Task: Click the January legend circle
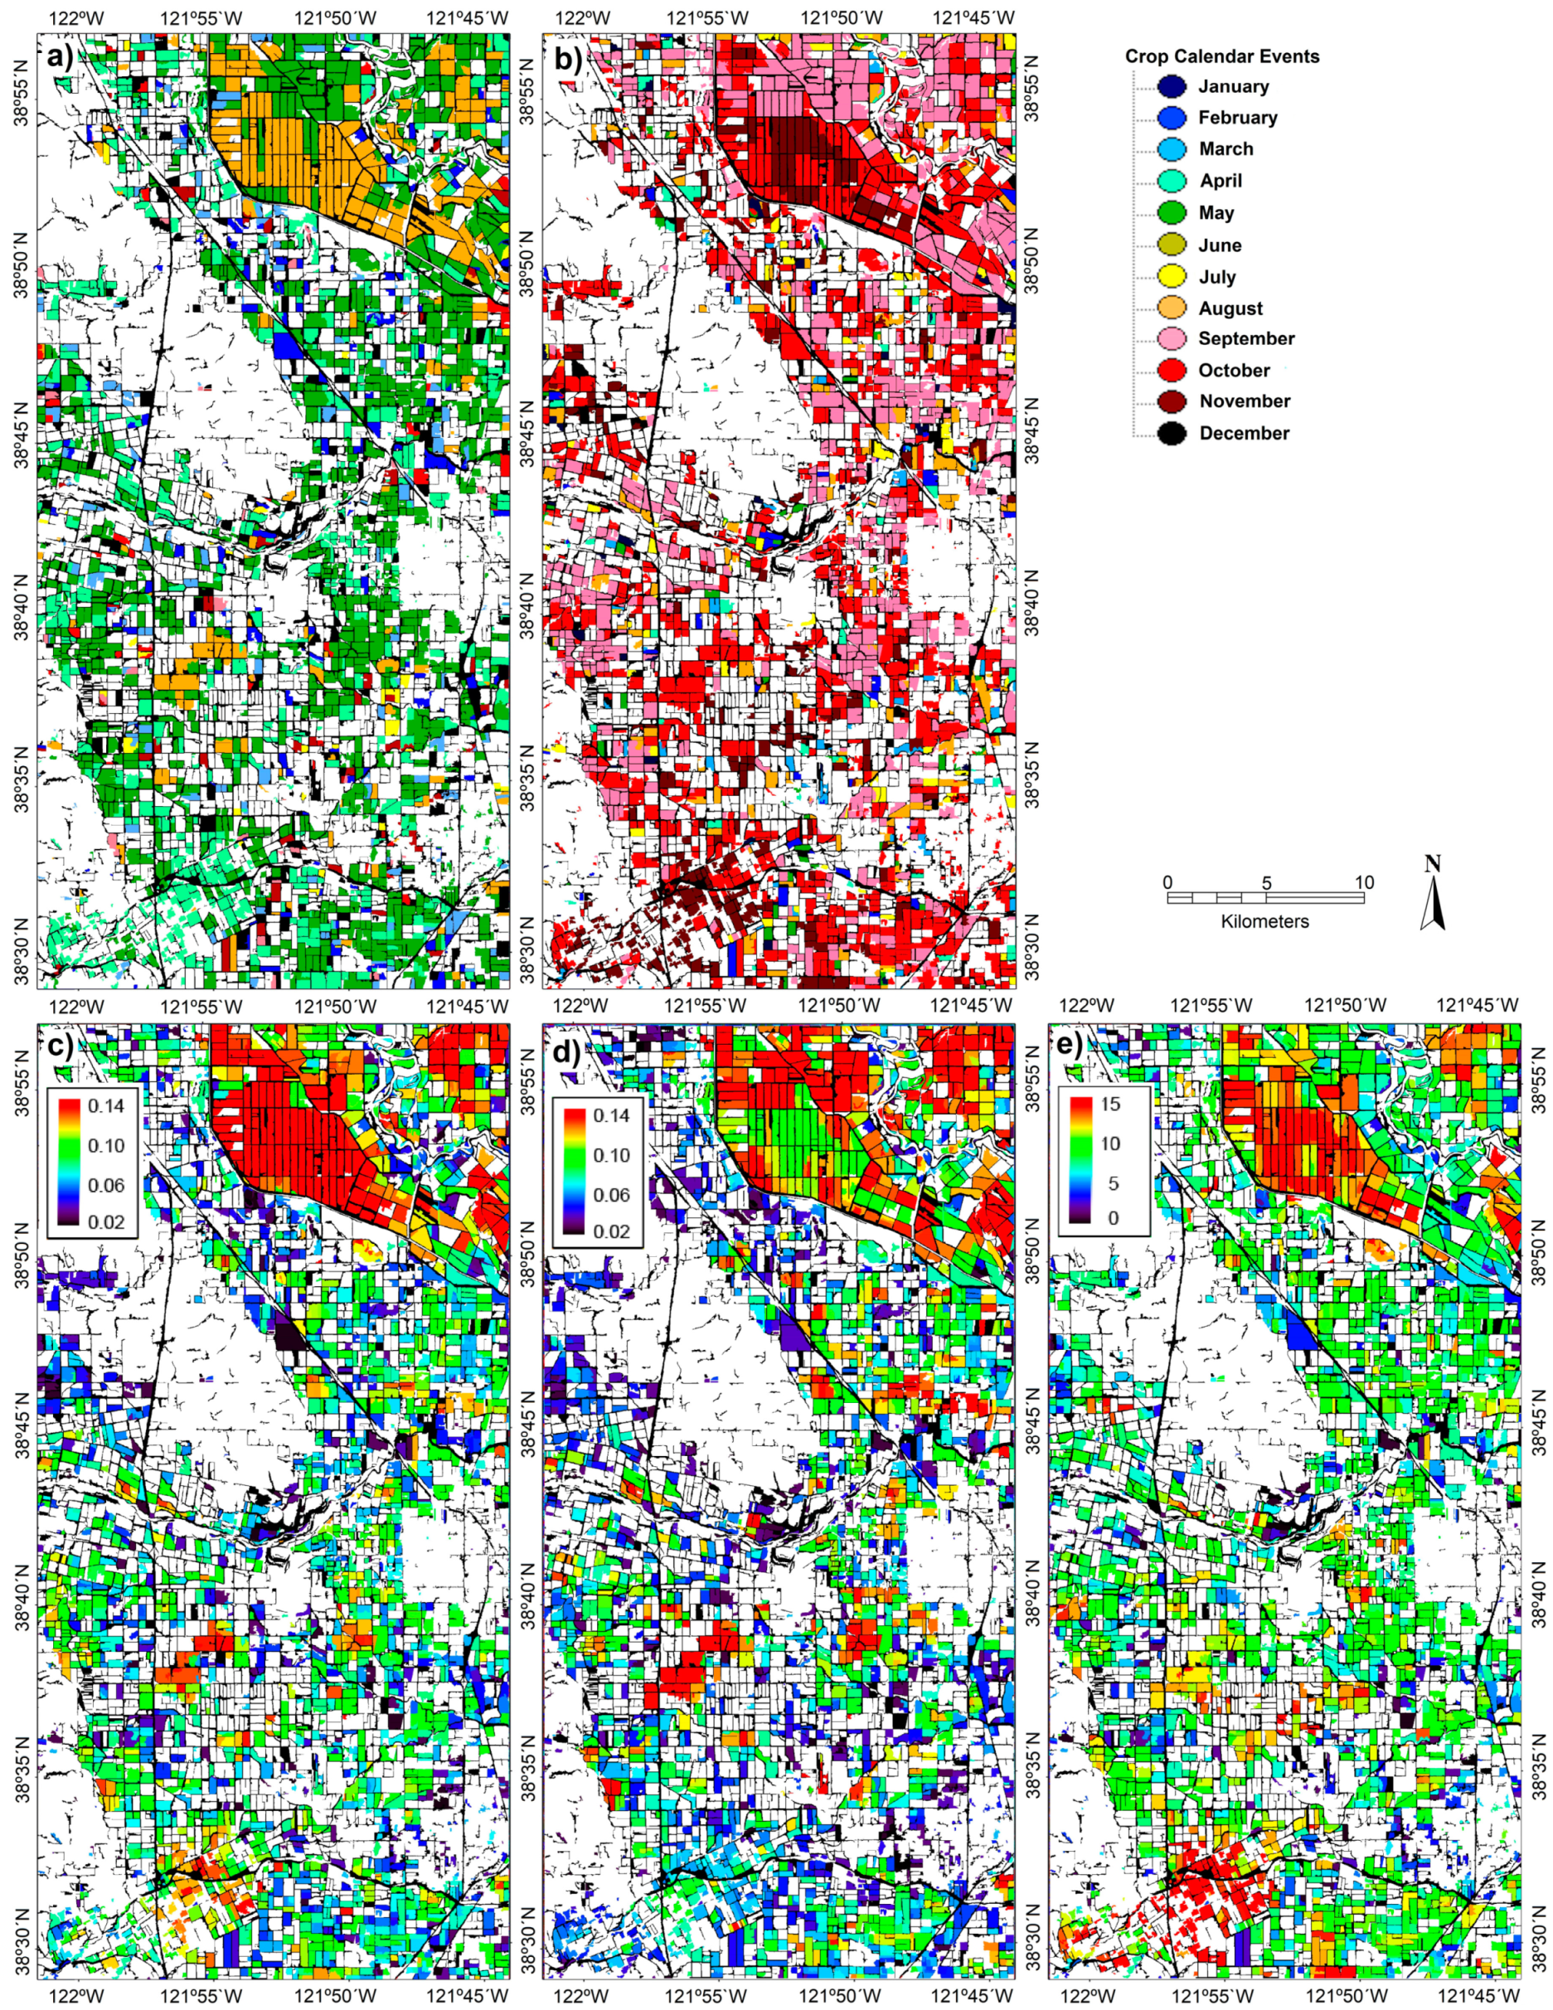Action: [1172, 86]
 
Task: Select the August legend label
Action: [1230, 308]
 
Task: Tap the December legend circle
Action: [1172, 433]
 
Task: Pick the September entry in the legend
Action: [1245, 338]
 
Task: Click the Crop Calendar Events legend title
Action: [1222, 56]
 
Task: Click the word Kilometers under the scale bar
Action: [1264, 921]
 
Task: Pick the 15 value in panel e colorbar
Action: [1109, 1104]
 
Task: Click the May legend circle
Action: [1172, 212]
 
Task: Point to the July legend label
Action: [1216, 277]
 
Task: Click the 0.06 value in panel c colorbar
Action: [106, 1184]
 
